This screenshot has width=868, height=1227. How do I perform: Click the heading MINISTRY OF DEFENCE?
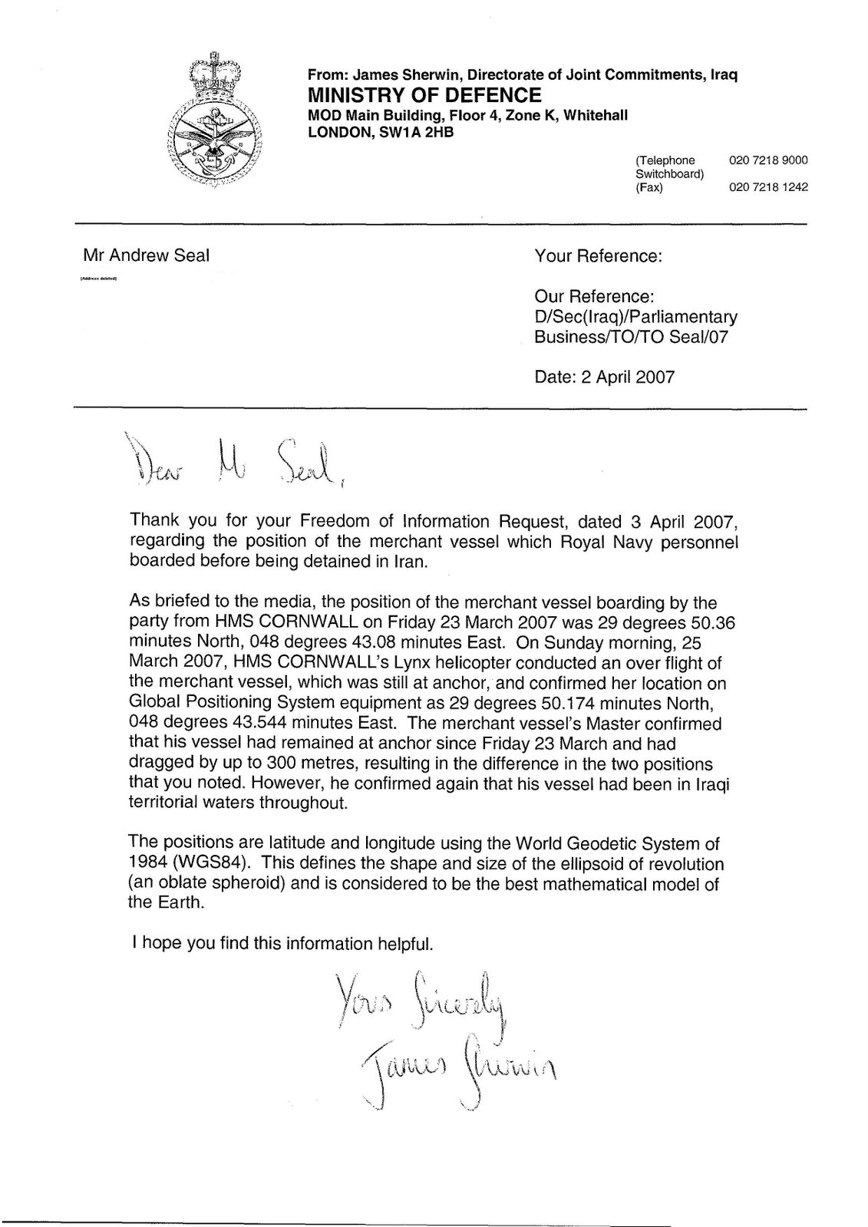pos(424,95)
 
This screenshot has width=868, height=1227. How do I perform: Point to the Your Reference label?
pos(598,256)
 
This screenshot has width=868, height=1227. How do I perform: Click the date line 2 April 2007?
pos(605,376)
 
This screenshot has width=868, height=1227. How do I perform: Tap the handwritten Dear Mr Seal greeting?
pos(230,462)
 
